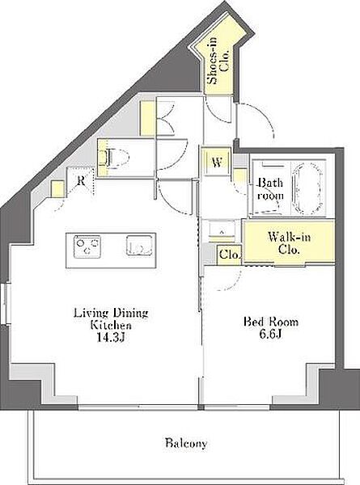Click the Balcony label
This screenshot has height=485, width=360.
pos(186,444)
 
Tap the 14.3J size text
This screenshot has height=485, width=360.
pos(111,337)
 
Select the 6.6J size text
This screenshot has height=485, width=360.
pos(270,335)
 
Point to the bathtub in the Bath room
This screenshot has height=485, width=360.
pos(308,189)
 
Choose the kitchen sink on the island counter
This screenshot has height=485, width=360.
pos(139,246)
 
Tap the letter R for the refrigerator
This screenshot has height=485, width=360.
pos(81,180)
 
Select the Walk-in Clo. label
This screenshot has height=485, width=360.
pos(289,243)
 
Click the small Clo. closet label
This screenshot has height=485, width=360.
pos(230,255)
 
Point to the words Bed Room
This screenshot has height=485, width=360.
pos(271,322)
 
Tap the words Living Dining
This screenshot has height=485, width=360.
pos(111,313)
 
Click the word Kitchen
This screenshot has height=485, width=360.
pos(111,325)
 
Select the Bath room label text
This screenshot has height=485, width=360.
pos(270,189)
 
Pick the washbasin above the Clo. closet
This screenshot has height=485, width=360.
pos(222,230)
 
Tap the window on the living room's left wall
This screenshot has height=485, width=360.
pos(6,304)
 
